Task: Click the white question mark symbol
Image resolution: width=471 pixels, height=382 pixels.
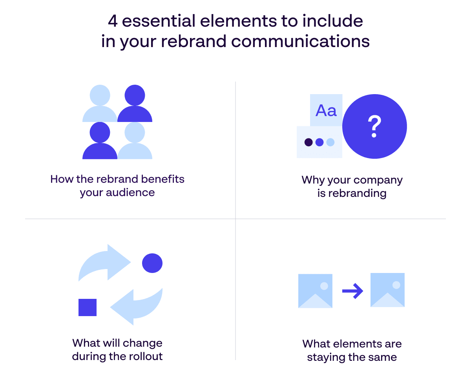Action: pos(374,126)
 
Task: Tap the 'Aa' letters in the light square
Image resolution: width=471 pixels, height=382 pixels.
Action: pos(326,110)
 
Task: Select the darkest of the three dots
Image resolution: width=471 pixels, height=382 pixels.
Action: pos(309,142)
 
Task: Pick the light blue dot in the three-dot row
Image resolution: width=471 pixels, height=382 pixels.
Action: pos(330,142)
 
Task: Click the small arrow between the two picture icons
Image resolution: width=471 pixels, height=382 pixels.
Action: pos(352,291)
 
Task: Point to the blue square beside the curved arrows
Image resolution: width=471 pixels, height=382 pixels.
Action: pos(88,307)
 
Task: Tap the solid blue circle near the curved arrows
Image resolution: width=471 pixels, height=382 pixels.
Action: pos(152,263)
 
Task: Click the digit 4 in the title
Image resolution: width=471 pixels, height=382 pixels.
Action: pos(113,21)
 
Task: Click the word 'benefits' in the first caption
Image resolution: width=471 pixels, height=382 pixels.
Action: pos(163,179)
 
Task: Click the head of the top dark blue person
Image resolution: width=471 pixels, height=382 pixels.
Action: pos(135,95)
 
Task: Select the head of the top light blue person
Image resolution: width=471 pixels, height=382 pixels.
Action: pos(100,95)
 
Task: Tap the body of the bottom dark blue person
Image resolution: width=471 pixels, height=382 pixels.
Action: pos(100,151)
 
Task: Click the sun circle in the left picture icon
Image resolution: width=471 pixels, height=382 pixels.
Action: pos(324,286)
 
